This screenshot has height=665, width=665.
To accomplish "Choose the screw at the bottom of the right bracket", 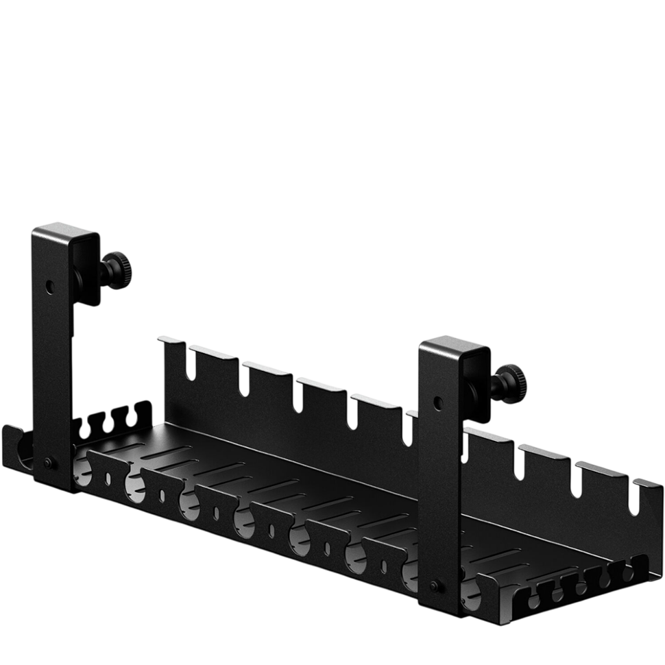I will pyautogui.click(x=434, y=586).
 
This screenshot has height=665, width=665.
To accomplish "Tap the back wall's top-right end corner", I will pyautogui.click(x=655, y=484).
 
